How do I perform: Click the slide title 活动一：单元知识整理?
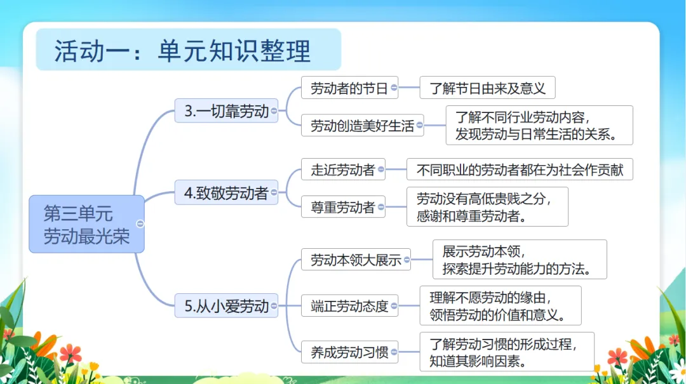pyautogui.click(x=183, y=51)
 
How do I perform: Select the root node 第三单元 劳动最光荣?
pyautogui.click(x=86, y=224)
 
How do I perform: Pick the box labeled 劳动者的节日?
pyautogui.click(x=349, y=88)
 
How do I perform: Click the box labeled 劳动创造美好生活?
pyautogui.click(x=361, y=126)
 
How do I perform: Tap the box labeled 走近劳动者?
pyautogui.click(x=342, y=170)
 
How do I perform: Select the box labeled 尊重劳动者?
pyautogui.click(x=342, y=207)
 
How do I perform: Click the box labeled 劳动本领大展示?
pyautogui.click(x=355, y=259)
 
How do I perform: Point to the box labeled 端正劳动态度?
pyautogui.click(x=349, y=306)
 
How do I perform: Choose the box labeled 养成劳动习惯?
pyautogui.click(x=349, y=352)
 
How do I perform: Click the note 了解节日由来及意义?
pyautogui.click(x=487, y=88)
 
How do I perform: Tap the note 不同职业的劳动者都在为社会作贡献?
pyautogui.click(x=520, y=169)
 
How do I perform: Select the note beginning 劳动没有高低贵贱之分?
pyautogui.click(x=487, y=207)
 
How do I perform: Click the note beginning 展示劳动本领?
pyautogui.click(x=520, y=259)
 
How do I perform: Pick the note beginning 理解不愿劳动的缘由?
pyautogui.click(x=500, y=305)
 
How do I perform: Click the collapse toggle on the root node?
pyautogui.click(x=140, y=223)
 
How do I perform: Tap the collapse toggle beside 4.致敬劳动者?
pyautogui.click(x=274, y=193)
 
